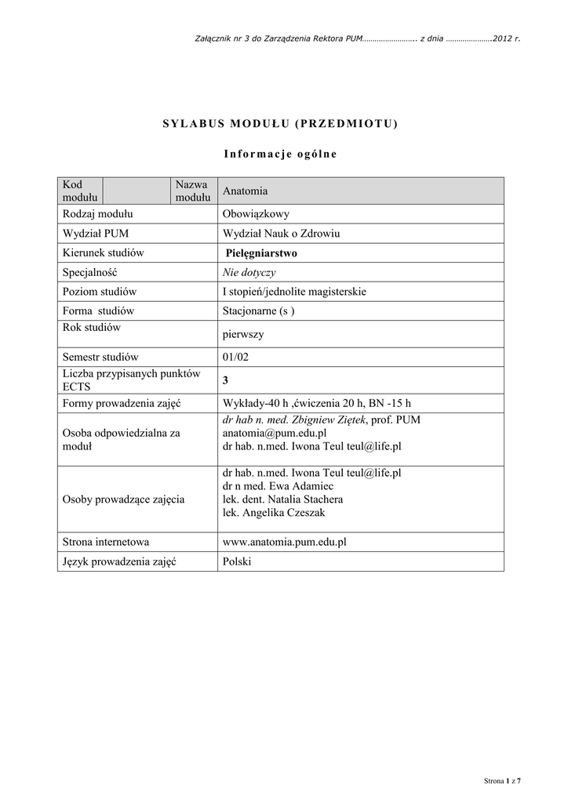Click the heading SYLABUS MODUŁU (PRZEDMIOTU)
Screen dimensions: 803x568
280,124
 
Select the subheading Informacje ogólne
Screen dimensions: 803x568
280,153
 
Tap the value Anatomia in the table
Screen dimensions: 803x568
246,191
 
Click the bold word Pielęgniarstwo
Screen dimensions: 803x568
261,253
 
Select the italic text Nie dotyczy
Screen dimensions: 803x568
249,272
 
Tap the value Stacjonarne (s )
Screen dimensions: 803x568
259,311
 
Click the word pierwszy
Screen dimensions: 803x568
243,334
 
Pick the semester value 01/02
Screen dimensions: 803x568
235,357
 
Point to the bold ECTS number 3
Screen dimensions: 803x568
226,380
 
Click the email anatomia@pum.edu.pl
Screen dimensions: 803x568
275,433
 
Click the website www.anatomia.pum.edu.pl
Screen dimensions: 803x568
285,542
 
